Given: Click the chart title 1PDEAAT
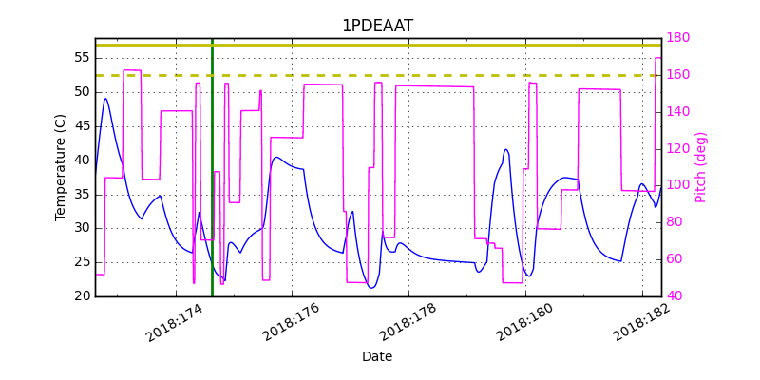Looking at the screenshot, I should (x=377, y=26).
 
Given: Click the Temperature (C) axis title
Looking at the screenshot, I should (x=61, y=167).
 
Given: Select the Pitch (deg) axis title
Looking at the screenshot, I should (x=701, y=167).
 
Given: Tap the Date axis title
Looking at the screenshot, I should (x=377, y=356).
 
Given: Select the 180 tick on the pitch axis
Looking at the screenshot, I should (x=678, y=38).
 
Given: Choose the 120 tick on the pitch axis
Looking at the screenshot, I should (x=678, y=148).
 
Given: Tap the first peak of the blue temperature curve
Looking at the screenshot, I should (x=105, y=99).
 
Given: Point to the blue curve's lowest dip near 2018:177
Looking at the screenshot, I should (x=371, y=288).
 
